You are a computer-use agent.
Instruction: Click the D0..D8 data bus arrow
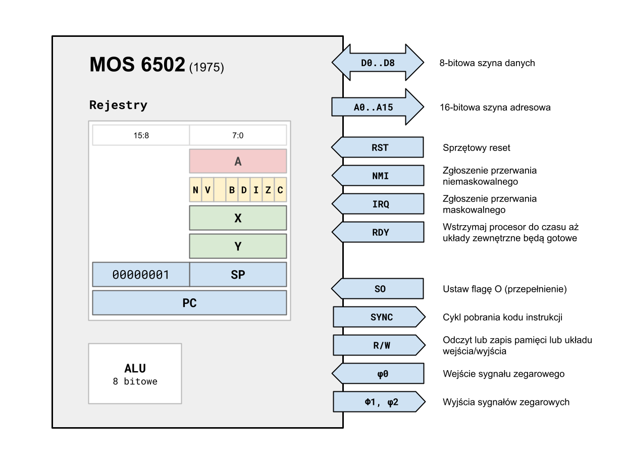(377, 63)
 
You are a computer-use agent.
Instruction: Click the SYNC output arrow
(379, 317)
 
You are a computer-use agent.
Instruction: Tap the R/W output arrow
(379, 345)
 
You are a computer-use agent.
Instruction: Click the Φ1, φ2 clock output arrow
(379, 402)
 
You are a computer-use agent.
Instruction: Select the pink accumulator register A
(238, 161)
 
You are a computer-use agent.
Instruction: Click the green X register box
(238, 218)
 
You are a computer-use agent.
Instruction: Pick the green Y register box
(238, 246)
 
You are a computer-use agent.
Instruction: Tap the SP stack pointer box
(238, 274)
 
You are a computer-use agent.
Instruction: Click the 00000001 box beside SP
(141, 274)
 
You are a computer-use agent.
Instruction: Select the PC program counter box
(189, 302)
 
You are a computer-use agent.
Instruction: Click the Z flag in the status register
(268, 190)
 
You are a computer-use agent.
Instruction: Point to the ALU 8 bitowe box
(135, 374)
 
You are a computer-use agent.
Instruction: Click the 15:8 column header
(141, 135)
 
